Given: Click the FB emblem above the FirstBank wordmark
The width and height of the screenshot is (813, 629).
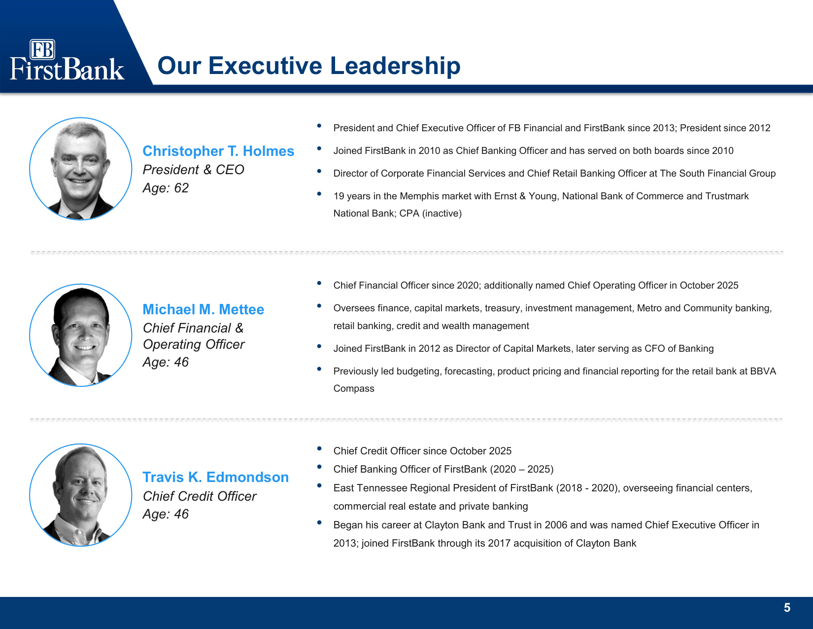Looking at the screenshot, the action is coord(42,49).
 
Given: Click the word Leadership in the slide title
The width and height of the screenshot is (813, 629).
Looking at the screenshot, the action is coord(395,66).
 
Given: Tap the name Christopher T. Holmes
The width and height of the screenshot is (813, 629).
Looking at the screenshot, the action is coord(218,151).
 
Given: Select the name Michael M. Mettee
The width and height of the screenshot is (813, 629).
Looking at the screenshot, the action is coord(203,309).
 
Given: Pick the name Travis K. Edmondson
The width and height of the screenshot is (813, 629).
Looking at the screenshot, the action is coord(215,477).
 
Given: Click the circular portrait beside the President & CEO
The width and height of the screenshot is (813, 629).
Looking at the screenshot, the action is coord(80,169).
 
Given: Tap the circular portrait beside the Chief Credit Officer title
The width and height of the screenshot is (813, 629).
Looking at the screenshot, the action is coord(80,495).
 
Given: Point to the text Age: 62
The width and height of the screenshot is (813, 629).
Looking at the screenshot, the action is coord(166,187).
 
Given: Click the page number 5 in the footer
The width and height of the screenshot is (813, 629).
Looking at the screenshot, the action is coord(787,607).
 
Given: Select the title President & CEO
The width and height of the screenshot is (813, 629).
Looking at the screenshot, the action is coord(193,170).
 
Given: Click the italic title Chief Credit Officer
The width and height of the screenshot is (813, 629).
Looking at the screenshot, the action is coord(200,496).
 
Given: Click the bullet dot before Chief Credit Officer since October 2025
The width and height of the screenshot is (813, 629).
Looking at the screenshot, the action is coord(319,448).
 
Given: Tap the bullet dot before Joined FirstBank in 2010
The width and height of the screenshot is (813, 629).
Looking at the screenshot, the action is coord(319,148).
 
